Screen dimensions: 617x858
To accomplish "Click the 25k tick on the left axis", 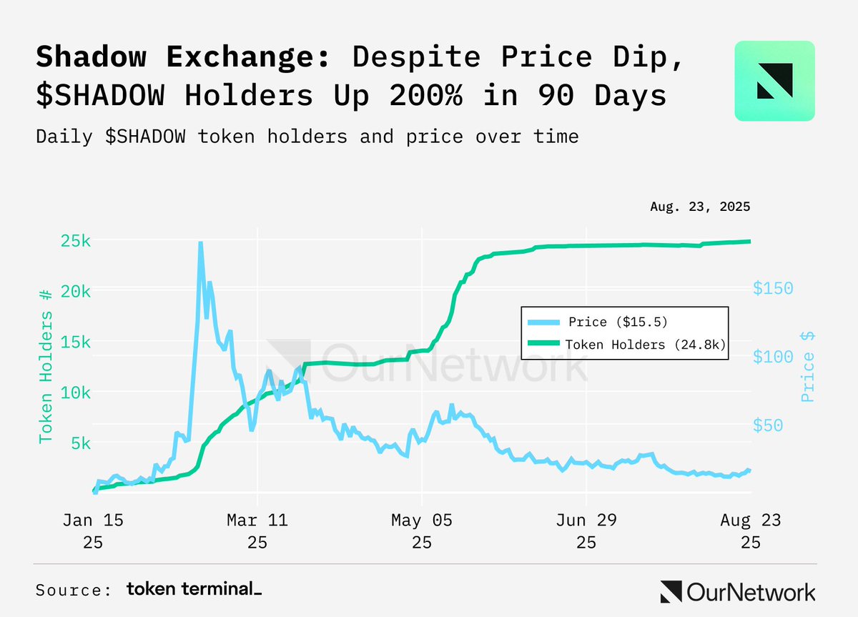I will point(75,241).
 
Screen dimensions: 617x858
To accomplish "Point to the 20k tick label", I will point(75,291).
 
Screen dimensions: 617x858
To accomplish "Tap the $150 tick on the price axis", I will point(773,288).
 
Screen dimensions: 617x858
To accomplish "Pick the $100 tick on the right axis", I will point(773,357).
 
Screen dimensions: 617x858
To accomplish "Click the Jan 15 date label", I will point(93,520).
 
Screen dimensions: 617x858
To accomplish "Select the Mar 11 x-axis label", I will point(257,520).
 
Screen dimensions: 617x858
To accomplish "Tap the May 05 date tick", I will point(422,520).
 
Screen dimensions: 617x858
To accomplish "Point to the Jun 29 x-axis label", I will point(586,520).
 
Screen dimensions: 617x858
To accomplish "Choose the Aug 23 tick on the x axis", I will point(750,520).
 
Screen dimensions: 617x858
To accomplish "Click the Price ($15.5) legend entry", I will point(618,321).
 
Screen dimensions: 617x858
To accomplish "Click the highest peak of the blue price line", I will point(200,244).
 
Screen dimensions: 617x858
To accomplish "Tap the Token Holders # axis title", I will point(45,366).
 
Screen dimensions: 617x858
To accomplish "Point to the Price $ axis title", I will point(808,366).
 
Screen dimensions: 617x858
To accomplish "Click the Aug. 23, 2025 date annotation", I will point(700,207).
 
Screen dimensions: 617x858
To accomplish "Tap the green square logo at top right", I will point(774,81).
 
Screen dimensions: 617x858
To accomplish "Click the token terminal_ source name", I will point(194,589).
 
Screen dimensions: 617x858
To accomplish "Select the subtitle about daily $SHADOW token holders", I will point(307,136).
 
